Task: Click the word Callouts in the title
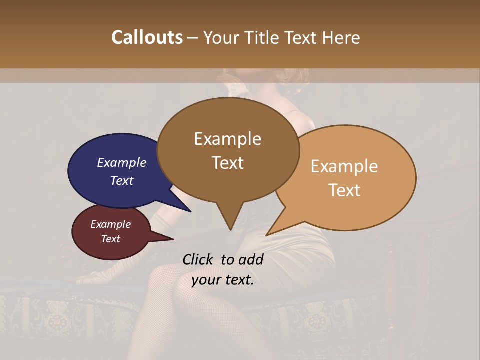click(x=147, y=37)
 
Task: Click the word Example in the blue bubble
click(x=121, y=163)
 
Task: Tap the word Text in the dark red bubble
click(x=111, y=239)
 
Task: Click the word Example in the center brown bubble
click(x=227, y=139)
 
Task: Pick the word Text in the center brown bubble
click(x=227, y=163)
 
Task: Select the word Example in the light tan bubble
click(x=344, y=166)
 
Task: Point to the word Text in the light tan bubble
click(x=344, y=190)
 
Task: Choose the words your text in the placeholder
click(x=222, y=280)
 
